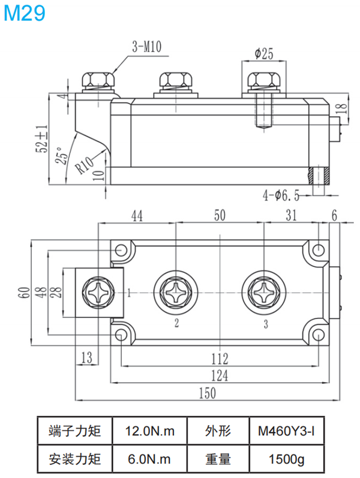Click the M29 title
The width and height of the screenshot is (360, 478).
(x=25, y=13)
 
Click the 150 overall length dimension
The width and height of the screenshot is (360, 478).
(x=206, y=392)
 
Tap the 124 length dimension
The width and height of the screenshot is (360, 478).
(x=220, y=376)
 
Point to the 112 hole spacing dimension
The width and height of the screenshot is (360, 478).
(x=220, y=359)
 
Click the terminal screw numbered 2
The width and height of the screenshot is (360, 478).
(x=176, y=293)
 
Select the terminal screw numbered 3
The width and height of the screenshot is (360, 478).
(x=264, y=293)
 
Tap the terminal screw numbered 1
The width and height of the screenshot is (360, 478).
(x=98, y=293)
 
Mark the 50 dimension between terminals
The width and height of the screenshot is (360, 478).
(x=220, y=216)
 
